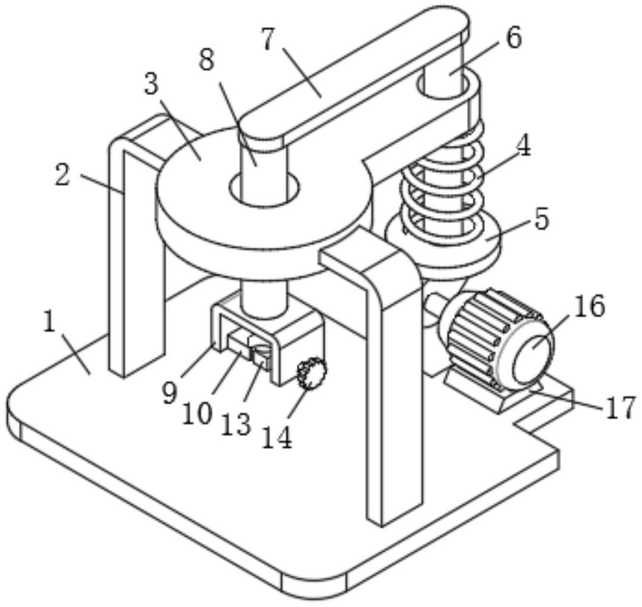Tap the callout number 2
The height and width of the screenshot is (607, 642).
(63, 177)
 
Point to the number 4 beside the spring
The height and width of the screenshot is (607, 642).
(522, 146)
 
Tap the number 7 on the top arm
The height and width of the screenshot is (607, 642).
(268, 40)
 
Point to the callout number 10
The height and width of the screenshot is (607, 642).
(197, 413)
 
